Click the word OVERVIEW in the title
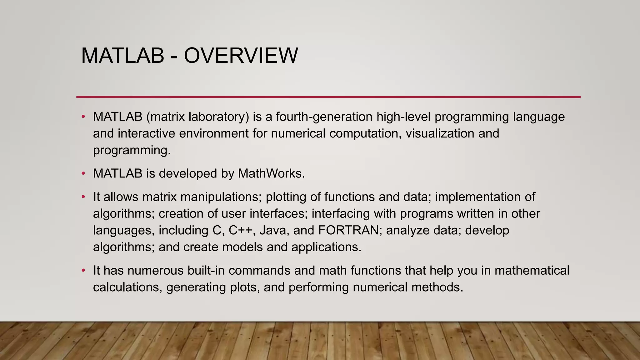pos(241,56)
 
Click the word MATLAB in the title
pos(122,56)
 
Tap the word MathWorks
pos(271,173)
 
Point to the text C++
pos(240,230)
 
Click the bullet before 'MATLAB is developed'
pos(83,173)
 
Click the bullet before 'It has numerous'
pos(83,270)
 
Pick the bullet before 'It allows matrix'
pos(83,197)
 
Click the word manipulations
pos(221,197)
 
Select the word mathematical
pos(532,270)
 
